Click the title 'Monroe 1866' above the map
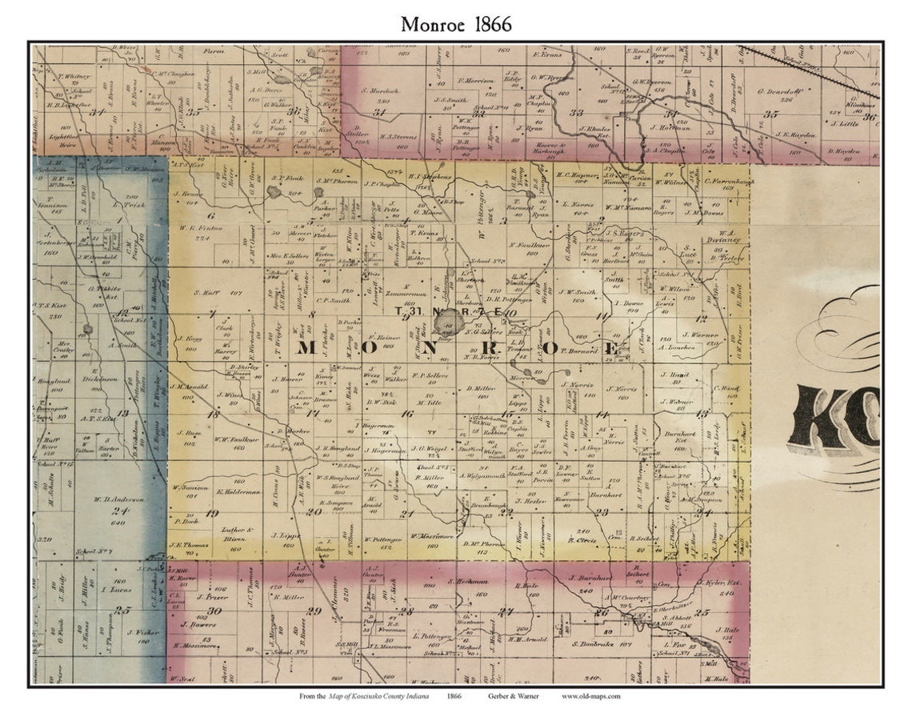pos(456,24)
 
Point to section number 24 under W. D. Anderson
pos(120,511)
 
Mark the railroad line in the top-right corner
pos(808,72)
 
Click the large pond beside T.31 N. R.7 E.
pos(449,322)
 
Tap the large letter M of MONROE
pos(310,348)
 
